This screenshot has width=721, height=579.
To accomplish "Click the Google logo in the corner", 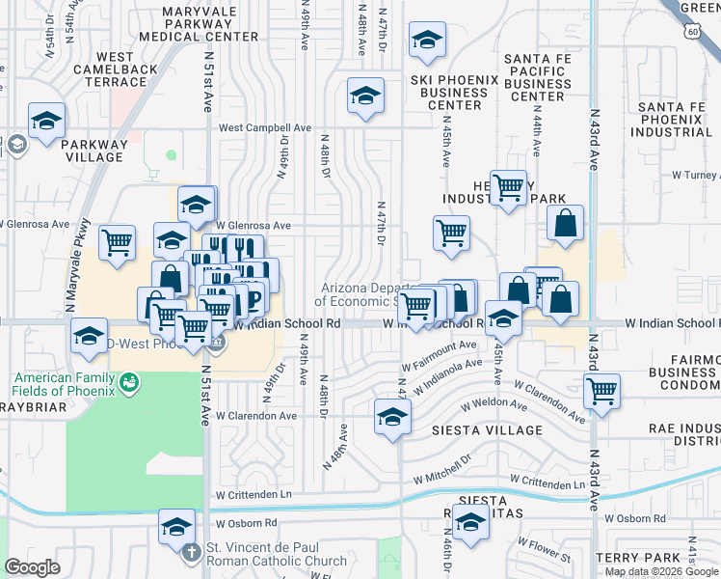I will point(33,566).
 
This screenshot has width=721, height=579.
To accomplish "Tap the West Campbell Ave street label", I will point(265,127).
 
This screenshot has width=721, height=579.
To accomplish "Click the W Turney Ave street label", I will point(695,175).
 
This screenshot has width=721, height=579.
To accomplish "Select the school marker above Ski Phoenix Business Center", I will point(426,41).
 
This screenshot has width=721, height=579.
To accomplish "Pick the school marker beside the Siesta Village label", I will point(392,417).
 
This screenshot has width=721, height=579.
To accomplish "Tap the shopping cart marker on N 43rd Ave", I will point(601,392).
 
